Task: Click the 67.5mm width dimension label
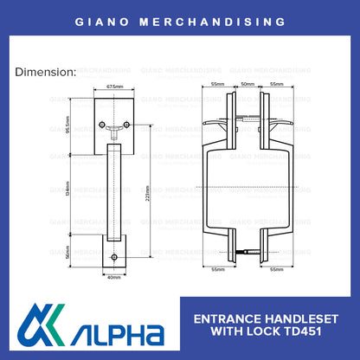pyautogui.click(x=113, y=87)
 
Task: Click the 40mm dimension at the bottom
pyautogui.click(x=113, y=278)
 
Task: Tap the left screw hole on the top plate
pyautogui.click(x=100, y=125)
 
